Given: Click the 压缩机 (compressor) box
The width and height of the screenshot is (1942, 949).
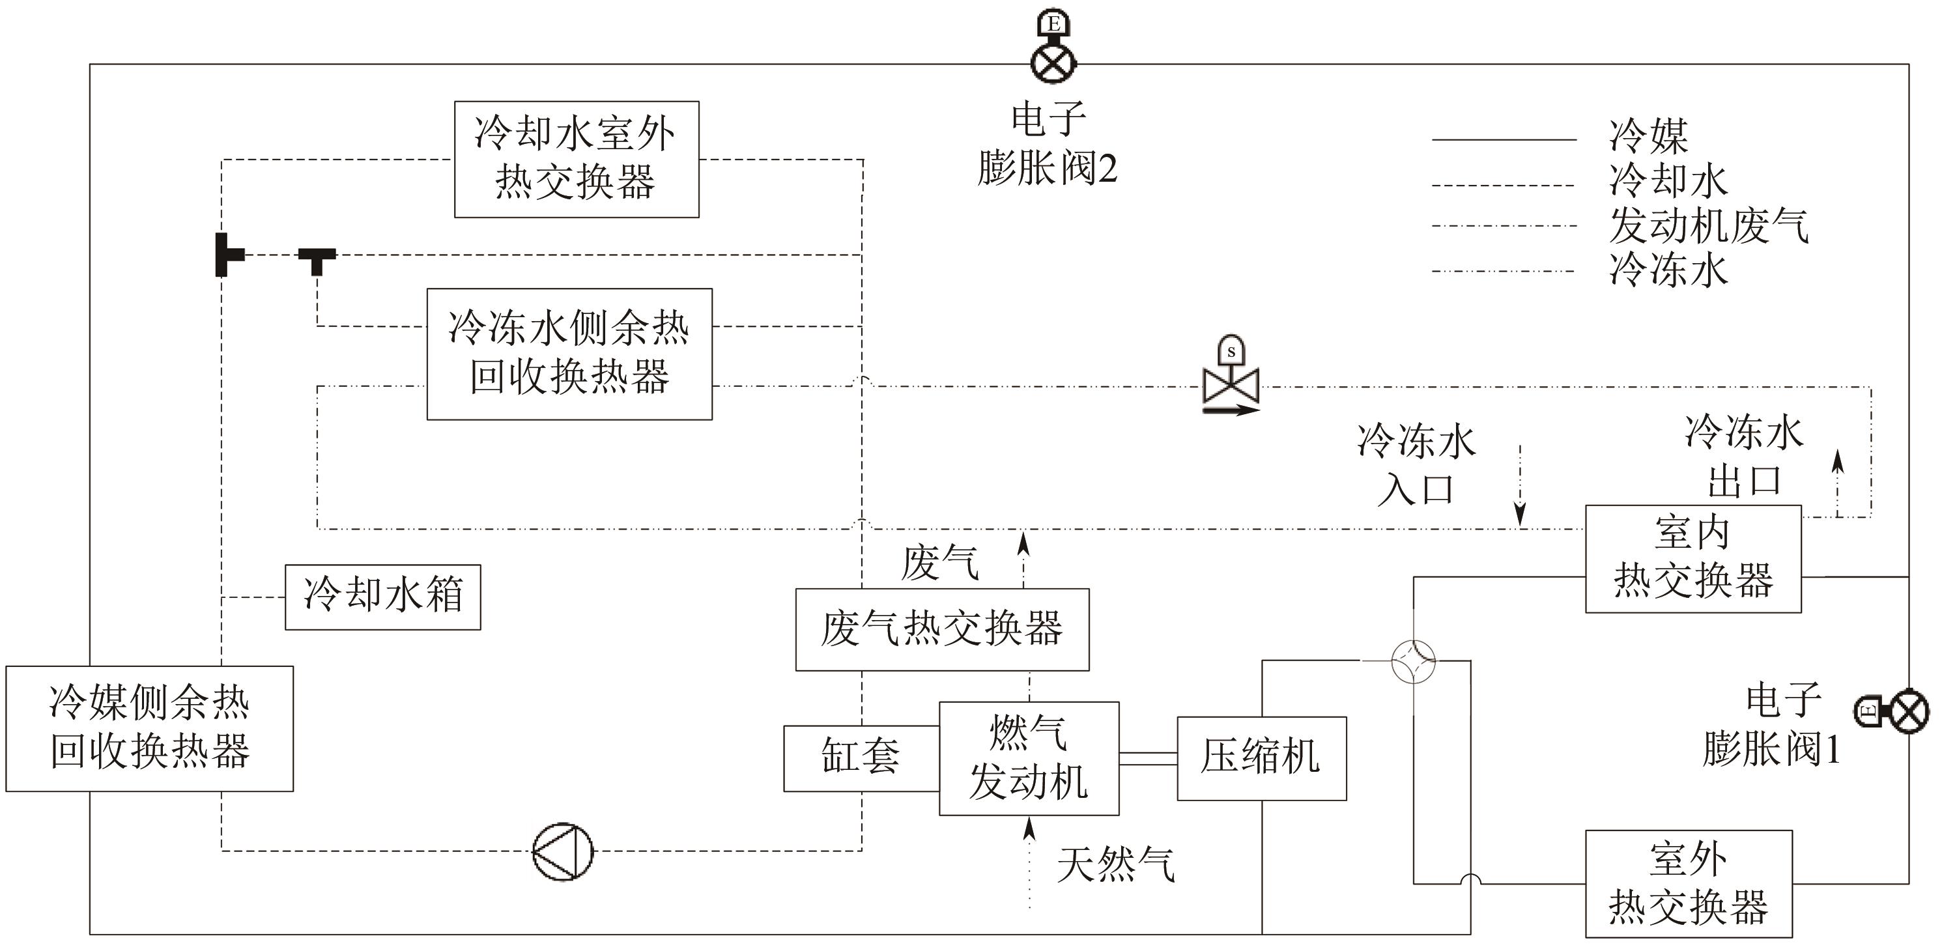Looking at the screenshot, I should point(1261,758).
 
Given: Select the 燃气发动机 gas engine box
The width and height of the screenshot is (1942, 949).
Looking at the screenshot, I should point(1028,758).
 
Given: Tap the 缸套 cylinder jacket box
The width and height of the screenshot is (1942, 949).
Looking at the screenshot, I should point(861,758).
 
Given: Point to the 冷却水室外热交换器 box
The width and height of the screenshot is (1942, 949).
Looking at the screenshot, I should point(576,159).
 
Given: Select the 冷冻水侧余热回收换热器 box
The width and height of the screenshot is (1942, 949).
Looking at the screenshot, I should point(569,354).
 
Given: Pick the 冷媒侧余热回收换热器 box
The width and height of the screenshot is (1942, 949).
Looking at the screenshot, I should point(149,728).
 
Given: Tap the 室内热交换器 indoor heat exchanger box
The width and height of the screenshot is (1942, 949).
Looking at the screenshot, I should point(1692,559).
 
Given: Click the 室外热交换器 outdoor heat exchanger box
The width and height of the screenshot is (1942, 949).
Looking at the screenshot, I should point(1688,883).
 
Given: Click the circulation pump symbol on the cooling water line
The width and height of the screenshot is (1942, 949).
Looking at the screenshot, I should point(562,852).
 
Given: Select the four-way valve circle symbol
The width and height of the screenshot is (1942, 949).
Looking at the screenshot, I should point(1413,661).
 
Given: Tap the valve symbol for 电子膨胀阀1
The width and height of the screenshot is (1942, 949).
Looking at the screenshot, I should point(1908,710).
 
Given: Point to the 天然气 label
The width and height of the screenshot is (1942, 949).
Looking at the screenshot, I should point(1115,864).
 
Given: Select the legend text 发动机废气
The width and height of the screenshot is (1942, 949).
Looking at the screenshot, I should point(1707,225).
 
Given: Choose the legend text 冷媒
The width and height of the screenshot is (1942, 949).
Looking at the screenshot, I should point(1648,136).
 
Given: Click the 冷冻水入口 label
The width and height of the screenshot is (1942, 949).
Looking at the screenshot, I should point(1416,464).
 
